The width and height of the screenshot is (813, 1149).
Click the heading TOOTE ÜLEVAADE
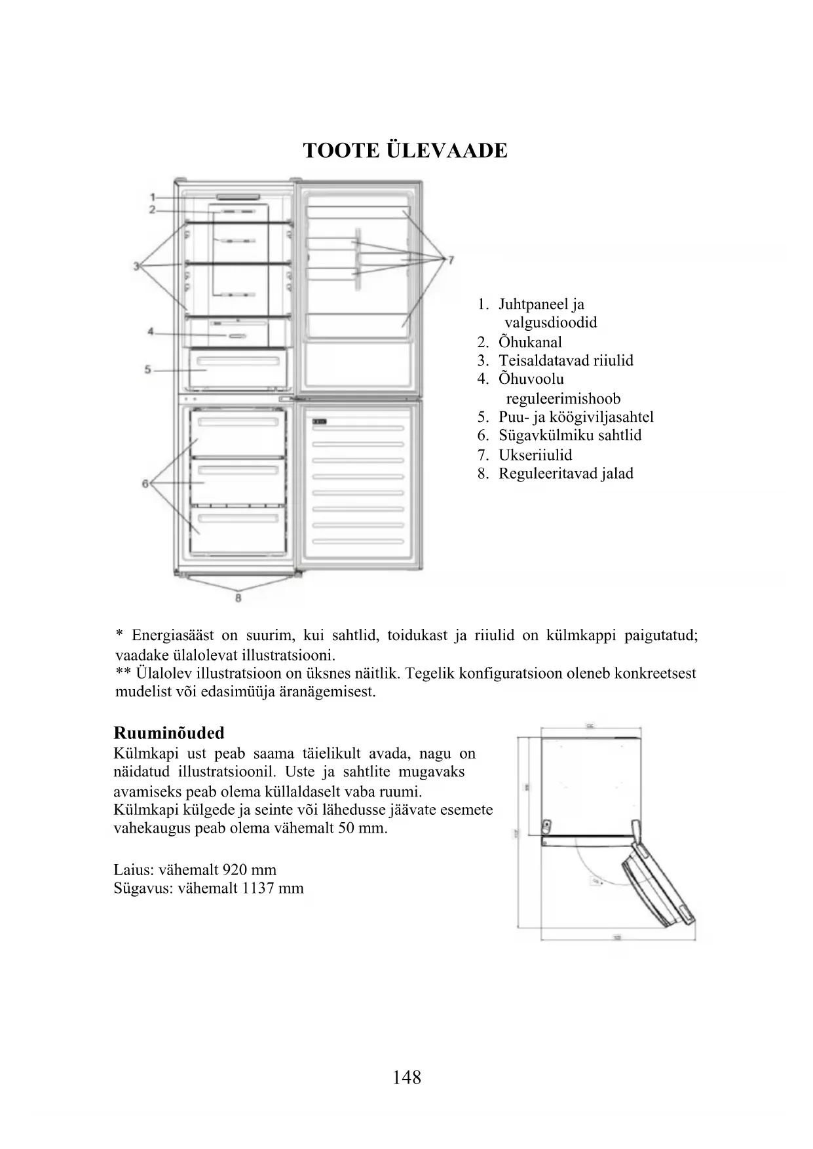coord(406,151)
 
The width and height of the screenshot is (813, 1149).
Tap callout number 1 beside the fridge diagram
coord(151,197)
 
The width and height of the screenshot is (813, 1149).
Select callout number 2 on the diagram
coord(151,210)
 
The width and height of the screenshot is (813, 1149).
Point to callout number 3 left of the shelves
coord(136,266)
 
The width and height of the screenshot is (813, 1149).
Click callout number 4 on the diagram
coord(151,332)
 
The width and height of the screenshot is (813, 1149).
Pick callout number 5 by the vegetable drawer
coord(148,370)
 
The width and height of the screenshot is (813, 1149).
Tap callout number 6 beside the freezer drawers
coord(145,484)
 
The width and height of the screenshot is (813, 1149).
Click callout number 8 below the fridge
coord(238,597)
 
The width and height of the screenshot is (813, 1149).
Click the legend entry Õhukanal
coord(530,342)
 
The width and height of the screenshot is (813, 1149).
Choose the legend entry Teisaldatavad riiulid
coord(565,360)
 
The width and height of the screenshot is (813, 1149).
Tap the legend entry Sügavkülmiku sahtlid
coord(569,436)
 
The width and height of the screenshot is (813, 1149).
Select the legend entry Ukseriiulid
coord(535,455)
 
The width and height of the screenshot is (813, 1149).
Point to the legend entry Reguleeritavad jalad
coord(565,473)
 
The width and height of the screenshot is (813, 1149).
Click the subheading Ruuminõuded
coord(169,733)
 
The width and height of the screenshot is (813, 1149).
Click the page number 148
coord(407,1078)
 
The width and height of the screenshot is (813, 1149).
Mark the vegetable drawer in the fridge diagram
coord(238,369)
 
